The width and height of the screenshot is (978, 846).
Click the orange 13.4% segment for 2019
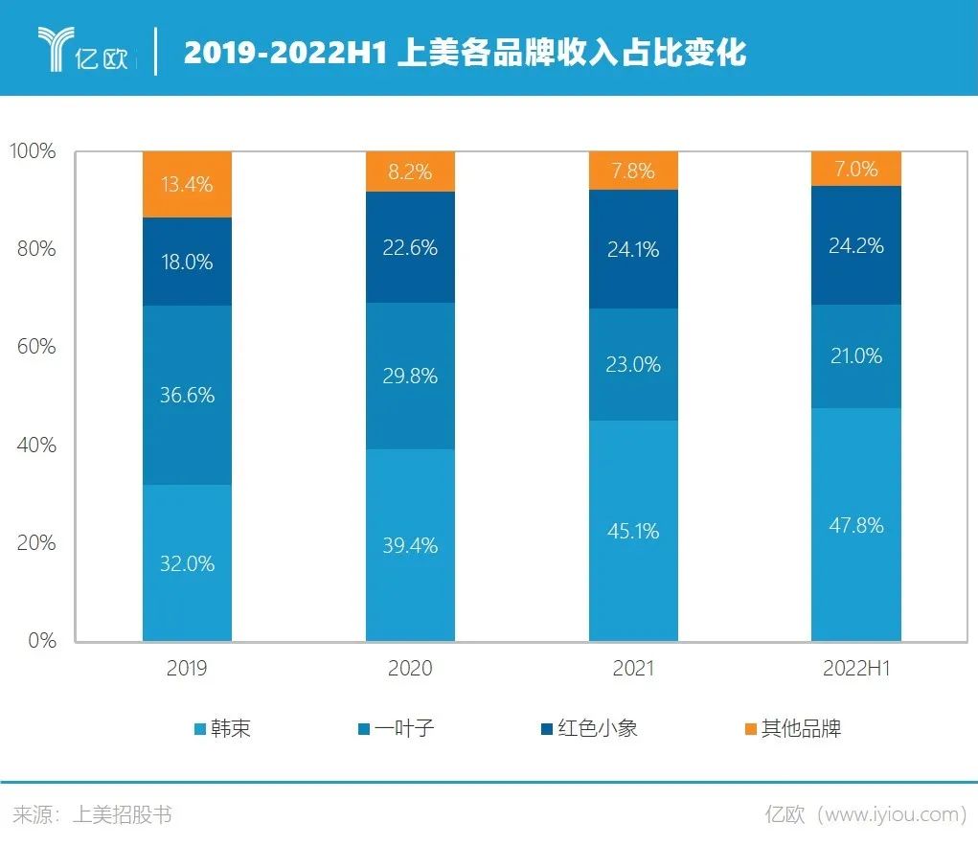click(187, 184)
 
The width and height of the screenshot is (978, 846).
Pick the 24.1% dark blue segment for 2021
click(633, 249)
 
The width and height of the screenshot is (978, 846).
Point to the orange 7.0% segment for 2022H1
click(856, 169)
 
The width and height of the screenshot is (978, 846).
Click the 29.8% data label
click(410, 376)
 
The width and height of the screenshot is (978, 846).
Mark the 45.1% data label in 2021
click(633, 531)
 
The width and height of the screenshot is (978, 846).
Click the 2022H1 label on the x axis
click(856, 669)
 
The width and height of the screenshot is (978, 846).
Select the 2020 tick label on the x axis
click(410, 669)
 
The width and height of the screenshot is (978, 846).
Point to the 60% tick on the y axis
click(34, 347)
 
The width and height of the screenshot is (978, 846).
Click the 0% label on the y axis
click(40, 640)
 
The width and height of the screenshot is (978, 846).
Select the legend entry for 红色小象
click(589, 729)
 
